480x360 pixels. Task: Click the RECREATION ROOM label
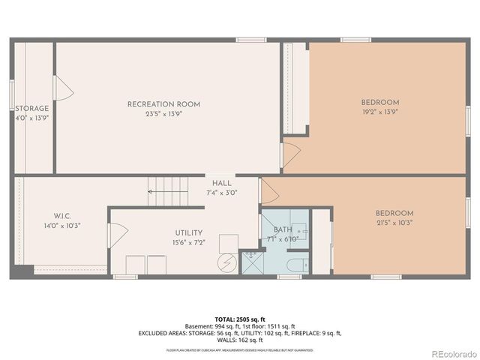(163, 104)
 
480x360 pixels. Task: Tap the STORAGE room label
(32, 109)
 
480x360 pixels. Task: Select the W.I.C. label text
(61, 214)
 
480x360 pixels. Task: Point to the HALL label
(221, 183)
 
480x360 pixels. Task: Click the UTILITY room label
(189, 233)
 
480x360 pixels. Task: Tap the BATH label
(283, 229)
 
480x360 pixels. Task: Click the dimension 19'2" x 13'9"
(380, 112)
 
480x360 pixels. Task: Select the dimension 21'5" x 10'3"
(394, 222)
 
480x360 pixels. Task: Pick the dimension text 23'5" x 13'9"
(163, 114)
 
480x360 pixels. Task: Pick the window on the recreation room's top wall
(251, 40)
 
